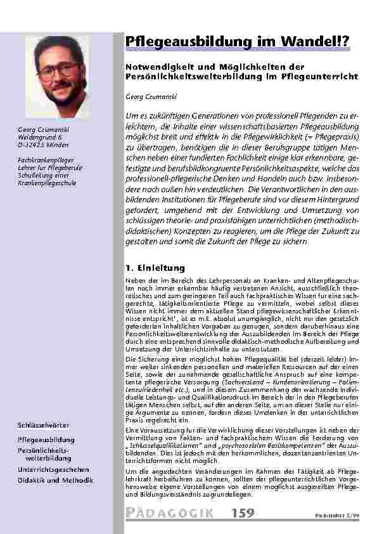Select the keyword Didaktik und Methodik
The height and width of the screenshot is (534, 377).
pos(55,480)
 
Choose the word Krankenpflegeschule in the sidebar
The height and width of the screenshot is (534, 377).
pos(47,183)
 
